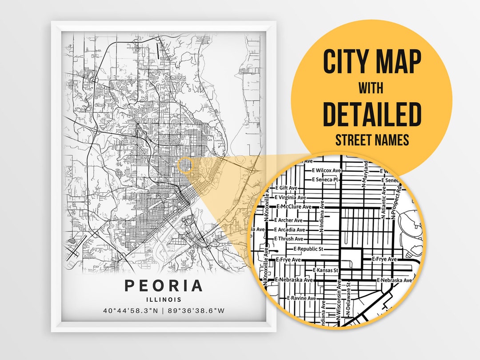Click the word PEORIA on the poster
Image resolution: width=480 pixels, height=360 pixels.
point(164,286)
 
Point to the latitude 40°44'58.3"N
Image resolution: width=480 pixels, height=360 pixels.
point(130,311)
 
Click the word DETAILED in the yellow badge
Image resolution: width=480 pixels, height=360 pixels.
point(372,115)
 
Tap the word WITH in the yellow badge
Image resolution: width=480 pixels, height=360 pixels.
point(372,88)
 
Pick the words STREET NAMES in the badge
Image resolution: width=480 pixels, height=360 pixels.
point(372,140)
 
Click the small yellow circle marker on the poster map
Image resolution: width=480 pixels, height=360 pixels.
point(185,165)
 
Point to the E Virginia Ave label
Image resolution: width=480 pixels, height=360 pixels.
point(291,197)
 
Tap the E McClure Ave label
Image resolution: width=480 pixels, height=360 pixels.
point(296,207)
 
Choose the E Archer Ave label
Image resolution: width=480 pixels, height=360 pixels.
point(289,220)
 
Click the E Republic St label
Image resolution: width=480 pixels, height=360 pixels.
point(311,249)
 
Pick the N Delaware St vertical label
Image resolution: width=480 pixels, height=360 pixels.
point(349,296)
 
